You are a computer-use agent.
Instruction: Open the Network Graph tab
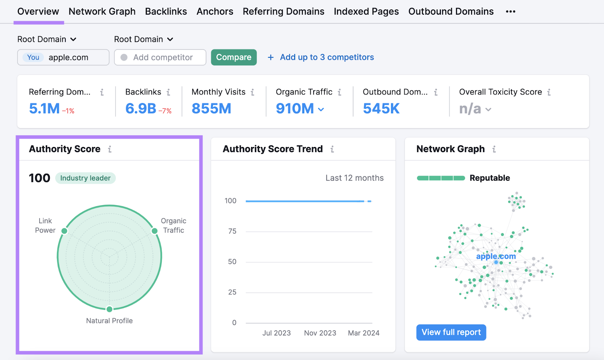tap(102, 12)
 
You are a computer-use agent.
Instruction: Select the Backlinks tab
tap(166, 12)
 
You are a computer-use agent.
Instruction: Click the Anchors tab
tap(215, 12)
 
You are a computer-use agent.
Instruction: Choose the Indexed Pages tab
tap(366, 12)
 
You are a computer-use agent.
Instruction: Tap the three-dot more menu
tap(510, 12)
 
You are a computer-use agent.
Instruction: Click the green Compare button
tap(234, 57)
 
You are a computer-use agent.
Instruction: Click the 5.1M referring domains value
tap(44, 109)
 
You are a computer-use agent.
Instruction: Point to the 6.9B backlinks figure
tap(140, 109)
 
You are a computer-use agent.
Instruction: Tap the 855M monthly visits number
tap(211, 109)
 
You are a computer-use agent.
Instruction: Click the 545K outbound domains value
tap(381, 109)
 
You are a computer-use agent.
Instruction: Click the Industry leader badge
tap(85, 178)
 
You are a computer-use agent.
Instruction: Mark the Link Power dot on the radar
tap(65, 231)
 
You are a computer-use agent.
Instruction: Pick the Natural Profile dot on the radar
tap(109, 309)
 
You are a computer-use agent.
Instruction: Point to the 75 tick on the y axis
tap(232, 231)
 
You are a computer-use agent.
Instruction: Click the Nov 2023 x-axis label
tap(320, 333)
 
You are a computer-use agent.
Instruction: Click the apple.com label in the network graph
tap(496, 256)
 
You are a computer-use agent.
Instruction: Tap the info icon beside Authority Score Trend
tap(332, 149)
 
